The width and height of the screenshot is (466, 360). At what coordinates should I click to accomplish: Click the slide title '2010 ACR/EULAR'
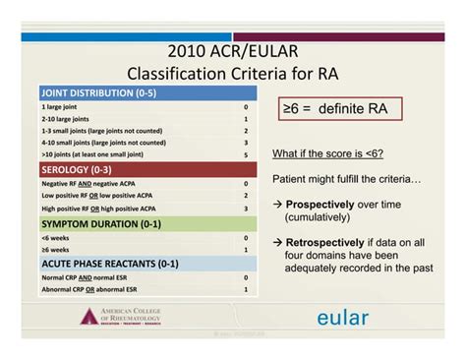pyautogui.click(x=232, y=52)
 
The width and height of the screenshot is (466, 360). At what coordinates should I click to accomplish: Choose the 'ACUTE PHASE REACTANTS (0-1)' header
pyautogui.click(x=110, y=263)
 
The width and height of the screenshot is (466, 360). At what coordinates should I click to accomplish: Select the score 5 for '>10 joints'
pyautogui.click(x=246, y=154)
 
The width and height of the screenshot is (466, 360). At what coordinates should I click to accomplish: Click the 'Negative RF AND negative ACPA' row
pyautogui.click(x=98, y=184)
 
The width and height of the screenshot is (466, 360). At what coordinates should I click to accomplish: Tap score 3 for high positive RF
pyautogui.click(x=246, y=209)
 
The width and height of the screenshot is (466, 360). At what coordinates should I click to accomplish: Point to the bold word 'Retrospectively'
pyautogui.click(x=327, y=241)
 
